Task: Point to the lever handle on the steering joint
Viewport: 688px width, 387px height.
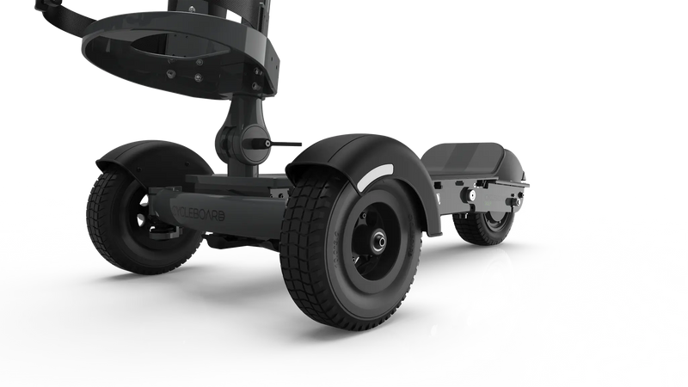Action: click(284, 143)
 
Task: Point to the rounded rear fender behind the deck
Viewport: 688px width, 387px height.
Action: click(516, 163)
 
